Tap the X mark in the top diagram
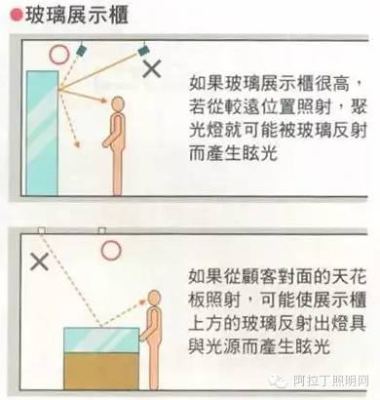[153, 68]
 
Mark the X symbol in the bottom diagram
[39, 261]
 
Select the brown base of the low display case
[99, 368]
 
